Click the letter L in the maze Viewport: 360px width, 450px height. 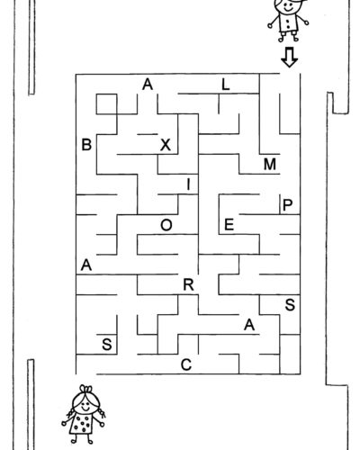[225, 85]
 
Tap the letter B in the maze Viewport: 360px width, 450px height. [86, 145]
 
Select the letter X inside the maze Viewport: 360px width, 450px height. [166, 145]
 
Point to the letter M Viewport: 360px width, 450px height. [270, 165]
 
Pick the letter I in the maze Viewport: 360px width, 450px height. [188, 184]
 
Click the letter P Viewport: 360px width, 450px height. [287, 205]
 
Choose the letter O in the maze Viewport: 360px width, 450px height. [166, 225]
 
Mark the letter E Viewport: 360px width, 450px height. [229, 225]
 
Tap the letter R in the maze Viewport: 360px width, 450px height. [188, 284]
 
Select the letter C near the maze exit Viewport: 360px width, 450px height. [186, 364]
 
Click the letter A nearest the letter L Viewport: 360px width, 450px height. [148, 85]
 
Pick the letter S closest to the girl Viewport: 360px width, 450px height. [107, 345]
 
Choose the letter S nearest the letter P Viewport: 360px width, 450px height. [290, 305]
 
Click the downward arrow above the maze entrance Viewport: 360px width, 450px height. [290, 57]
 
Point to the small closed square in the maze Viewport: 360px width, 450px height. [106, 104]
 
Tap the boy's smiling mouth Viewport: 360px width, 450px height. [288, 9]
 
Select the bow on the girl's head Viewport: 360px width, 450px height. [86, 389]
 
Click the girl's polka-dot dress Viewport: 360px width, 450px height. [81, 423]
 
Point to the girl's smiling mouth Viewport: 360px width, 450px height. [85, 409]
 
